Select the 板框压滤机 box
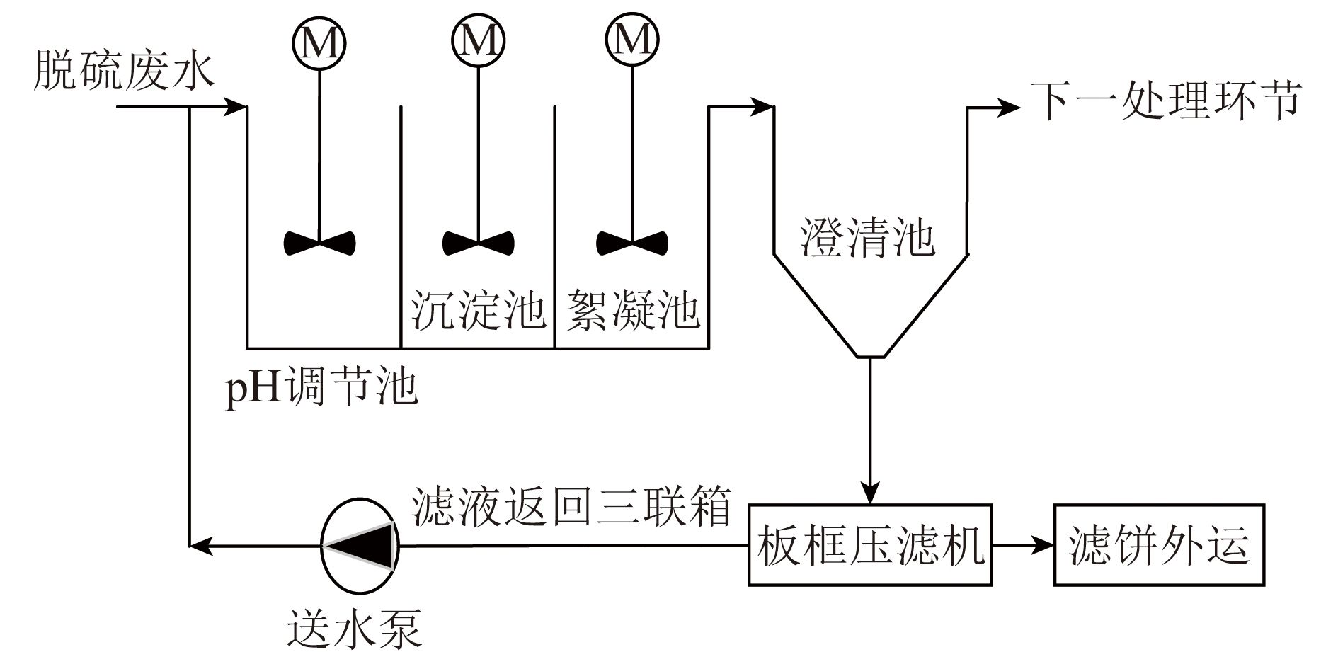[x=871, y=544]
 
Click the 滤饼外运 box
[x=1159, y=544]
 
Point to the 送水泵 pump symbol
[x=360, y=545]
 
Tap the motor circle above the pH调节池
[x=319, y=43]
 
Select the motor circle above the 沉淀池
[x=478, y=41]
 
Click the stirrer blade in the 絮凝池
[x=631, y=243]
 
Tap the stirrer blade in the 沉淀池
[x=478, y=243]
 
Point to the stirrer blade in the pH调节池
[x=319, y=243]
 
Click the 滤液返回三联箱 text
[x=571, y=505]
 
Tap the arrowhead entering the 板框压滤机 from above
[x=870, y=492]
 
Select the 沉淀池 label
[x=479, y=309]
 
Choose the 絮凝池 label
[x=633, y=309]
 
